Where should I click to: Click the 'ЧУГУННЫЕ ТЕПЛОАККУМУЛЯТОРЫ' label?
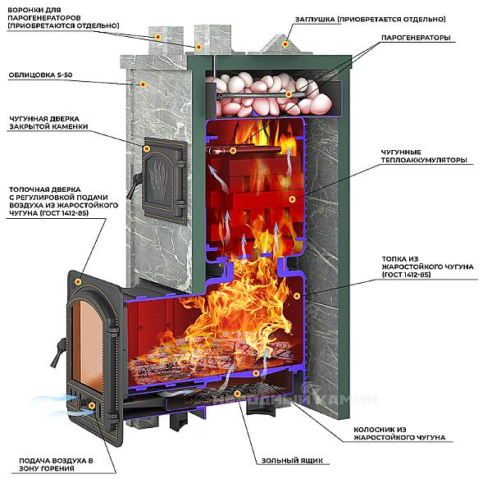[x=423, y=156]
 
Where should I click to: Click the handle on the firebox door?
[x=57, y=353]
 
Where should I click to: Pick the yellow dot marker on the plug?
[x=286, y=43]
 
